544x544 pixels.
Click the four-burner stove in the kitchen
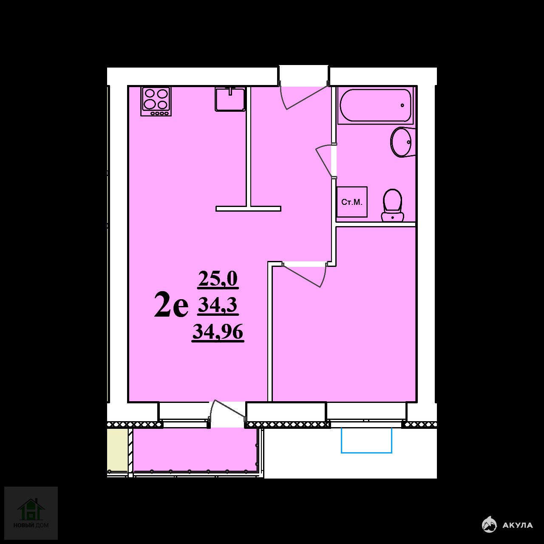click(156, 102)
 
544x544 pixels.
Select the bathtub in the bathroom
click(375, 105)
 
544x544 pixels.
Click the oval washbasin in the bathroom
click(401, 142)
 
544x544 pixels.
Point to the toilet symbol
click(392, 205)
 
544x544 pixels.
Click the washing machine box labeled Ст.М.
click(352, 202)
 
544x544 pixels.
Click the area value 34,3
click(218, 306)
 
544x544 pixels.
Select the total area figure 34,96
click(218, 332)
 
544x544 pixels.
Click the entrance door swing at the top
click(303, 97)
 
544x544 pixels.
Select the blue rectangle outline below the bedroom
click(366, 440)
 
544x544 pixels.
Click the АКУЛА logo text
click(518, 525)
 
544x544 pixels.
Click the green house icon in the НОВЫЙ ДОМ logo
click(31, 510)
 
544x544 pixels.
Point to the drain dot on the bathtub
click(402, 105)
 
